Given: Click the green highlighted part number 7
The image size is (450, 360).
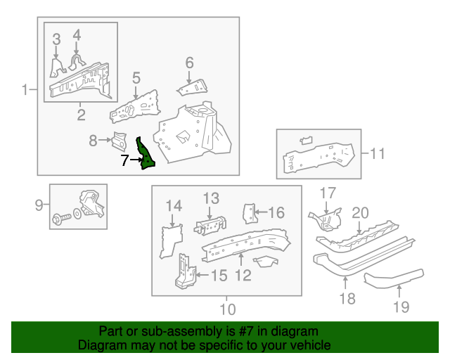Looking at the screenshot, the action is click(x=146, y=154).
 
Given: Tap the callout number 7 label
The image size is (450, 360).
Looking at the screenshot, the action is click(x=124, y=160).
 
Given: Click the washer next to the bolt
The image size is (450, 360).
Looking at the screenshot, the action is click(x=77, y=214).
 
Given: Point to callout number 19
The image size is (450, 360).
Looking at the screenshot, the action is click(x=401, y=307).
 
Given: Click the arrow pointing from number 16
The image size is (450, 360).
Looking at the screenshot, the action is click(x=261, y=212).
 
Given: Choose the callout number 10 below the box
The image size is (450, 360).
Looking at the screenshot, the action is click(x=228, y=309).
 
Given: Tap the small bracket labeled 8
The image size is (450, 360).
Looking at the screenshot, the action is click(x=119, y=141).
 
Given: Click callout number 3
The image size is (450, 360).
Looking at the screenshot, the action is click(x=56, y=39).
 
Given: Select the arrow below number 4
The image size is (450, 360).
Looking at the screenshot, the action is click(x=77, y=48).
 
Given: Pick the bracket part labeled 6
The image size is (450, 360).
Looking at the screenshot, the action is click(x=193, y=88).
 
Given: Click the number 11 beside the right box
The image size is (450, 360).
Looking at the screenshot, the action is click(x=378, y=153).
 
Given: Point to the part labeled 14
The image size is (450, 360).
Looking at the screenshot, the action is click(x=171, y=241).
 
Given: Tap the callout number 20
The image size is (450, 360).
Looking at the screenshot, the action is click(x=361, y=213).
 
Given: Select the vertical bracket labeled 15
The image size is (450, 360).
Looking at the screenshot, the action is click(x=185, y=271).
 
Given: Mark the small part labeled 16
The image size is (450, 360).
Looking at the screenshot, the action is click(x=250, y=214).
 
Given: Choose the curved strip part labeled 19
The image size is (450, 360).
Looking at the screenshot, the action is click(x=394, y=278).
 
